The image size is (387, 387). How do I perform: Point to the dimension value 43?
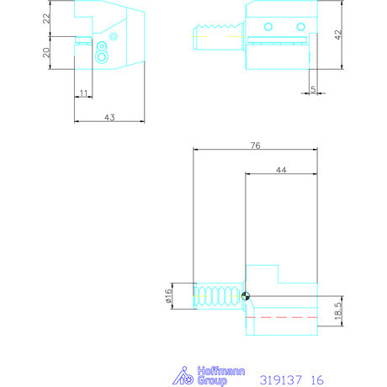(x=109, y=117)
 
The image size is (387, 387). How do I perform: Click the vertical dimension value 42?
(x=338, y=35)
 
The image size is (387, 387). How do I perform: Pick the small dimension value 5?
(x=312, y=87)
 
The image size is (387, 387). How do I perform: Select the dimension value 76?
(x=256, y=146)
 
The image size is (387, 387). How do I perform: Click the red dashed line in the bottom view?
(x=286, y=318)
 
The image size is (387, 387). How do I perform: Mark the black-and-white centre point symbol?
(x=245, y=294)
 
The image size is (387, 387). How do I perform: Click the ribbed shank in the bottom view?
(x=218, y=294)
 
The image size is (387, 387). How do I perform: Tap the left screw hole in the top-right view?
(x=268, y=27)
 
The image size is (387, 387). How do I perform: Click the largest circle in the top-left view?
(x=102, y=57)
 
